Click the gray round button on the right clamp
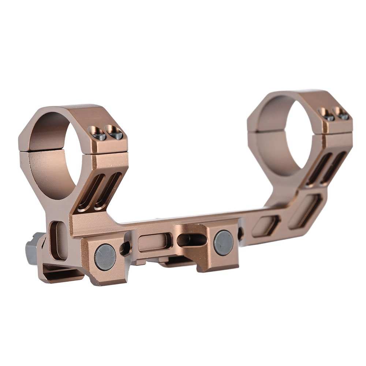point(223,243)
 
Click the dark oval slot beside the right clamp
point(191,240)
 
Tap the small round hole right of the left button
point(125,249)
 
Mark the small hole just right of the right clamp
point(241,233)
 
